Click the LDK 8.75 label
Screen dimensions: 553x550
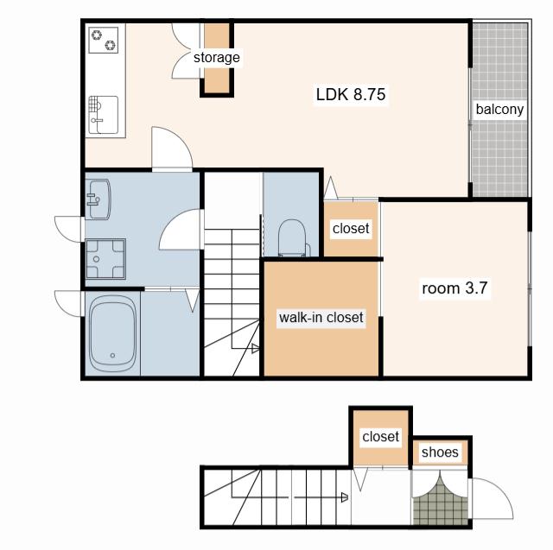tap(351, 94)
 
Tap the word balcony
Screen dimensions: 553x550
tap(499, 110)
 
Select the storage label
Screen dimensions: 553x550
tap(217, 58)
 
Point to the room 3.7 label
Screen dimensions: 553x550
tap(454, 288)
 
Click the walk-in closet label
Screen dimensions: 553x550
tap(321, 318)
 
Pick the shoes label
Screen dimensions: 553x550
tap(440, 452)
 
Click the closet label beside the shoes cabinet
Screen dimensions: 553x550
tap(380, 437)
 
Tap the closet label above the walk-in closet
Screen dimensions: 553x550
tap(351, 228)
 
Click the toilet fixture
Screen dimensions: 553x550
tap(292, 238)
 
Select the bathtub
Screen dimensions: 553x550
tap(112, 333)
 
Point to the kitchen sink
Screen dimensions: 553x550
tap(103, 115)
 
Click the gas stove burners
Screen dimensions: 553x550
tap(104, 41)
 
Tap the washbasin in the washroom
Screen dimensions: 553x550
tap(99, 199)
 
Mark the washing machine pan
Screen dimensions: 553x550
tap(105, 259)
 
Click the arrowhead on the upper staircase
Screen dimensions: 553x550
tap(256, 349)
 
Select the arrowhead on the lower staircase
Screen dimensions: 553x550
tap(345, 497)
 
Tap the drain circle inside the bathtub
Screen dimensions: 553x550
tap(112, 355)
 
